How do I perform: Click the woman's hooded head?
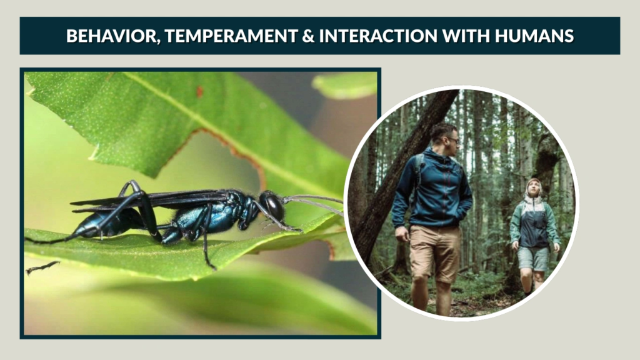[x=533, y=187]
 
